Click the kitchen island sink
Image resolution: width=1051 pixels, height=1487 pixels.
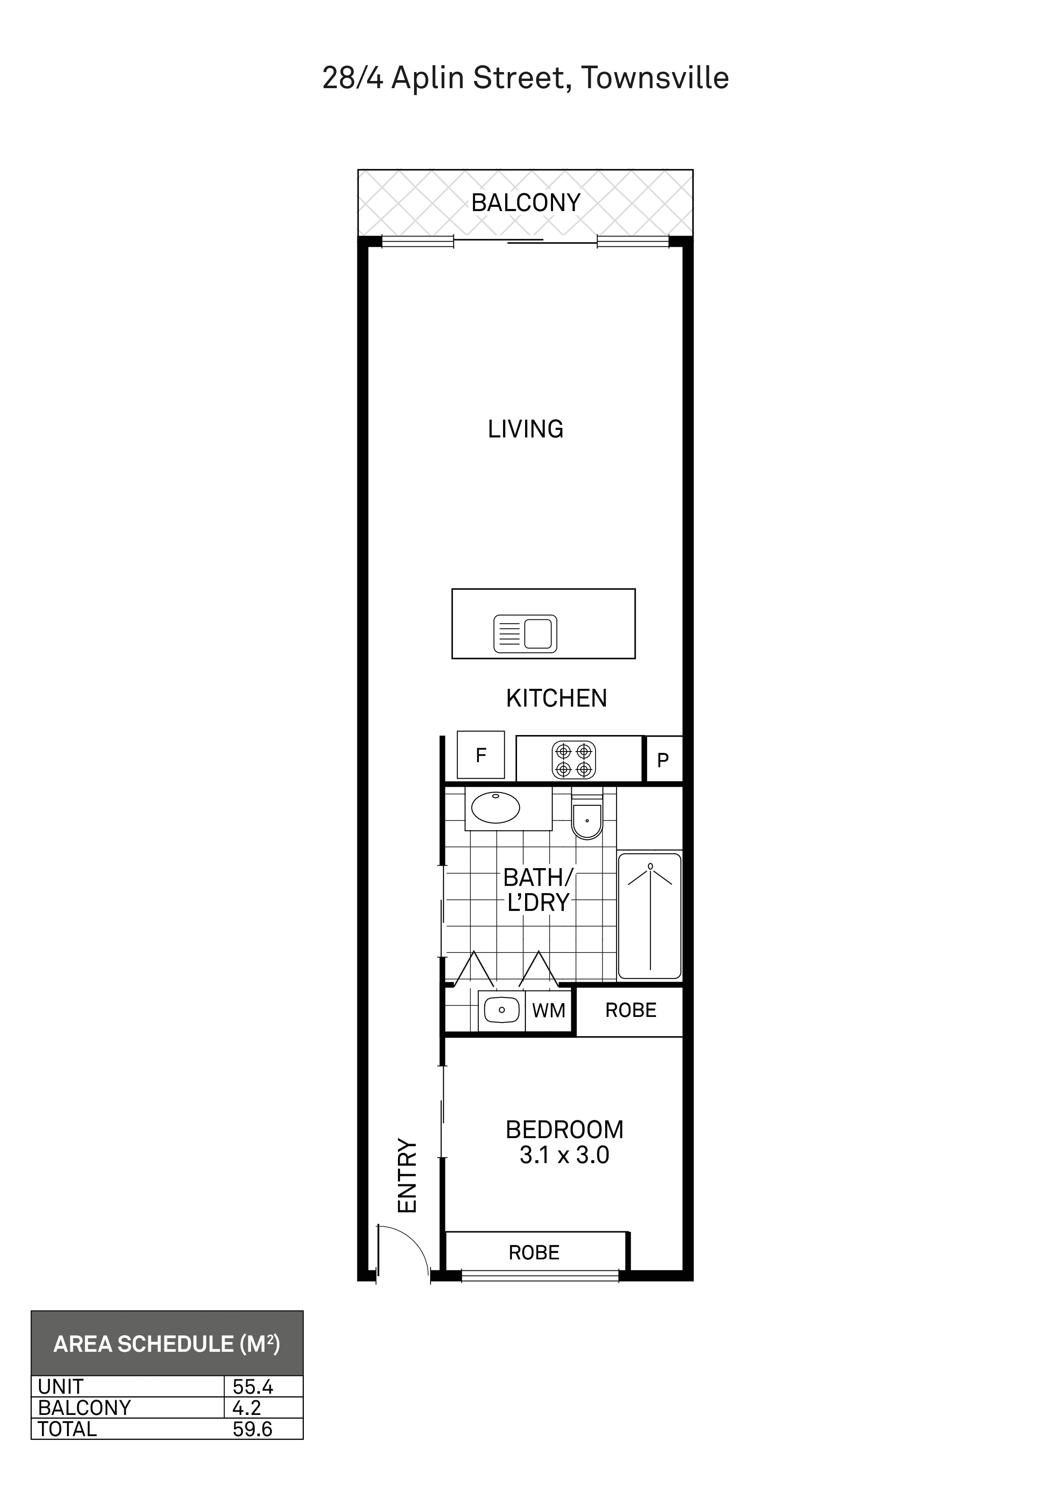[x=525, y=633]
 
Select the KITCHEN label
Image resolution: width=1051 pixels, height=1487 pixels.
[x=556, y=698]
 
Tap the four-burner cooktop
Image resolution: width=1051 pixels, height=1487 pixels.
[x=574, y=760]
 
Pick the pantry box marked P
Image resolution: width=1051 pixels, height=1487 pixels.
[x=664, y=759]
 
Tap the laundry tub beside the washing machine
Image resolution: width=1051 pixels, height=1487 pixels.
[x=501, y=1010]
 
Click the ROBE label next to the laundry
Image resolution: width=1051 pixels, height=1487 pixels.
[x=631, y=1010]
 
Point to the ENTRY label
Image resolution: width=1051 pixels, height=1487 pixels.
[x=407, y=1175]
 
